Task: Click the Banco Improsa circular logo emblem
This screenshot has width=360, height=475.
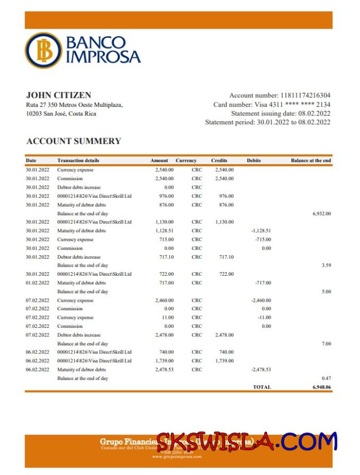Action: pyautogui.click(x=44, y=50)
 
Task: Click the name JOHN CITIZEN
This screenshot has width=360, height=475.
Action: pyautogui.click(x=58, y=95)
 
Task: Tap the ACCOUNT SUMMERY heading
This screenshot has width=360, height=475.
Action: pyautogui.click(x=74, y=141)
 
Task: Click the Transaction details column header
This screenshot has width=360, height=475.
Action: pyautogui.click(x=78, y=160)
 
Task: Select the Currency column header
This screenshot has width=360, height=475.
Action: pyautogui.click(x=186, y=160)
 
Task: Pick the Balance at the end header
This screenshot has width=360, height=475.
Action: pyautogui.click(x=311, y=160)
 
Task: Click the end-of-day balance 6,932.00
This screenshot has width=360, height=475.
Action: pyautogui.click(x=322, y=214)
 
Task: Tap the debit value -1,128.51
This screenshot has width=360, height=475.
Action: pyautogui.click(x=261, y=231)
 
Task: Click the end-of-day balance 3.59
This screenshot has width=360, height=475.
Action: pyautogui.click(x=326, y=265)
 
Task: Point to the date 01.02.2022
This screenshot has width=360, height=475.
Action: pyautogui.click(x=37, y=283)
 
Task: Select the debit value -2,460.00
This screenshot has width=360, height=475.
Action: pyautogui.click(x=261, y=300)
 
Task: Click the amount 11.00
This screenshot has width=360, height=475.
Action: pyautogui.click(x=168, y=317)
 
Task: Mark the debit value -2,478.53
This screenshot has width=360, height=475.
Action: pyautogui.click(x=261, y=369)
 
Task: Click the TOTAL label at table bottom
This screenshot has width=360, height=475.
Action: pyautogui.click(x=262, y=387)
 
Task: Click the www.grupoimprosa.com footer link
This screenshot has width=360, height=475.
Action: pyautogui.click(x=177, y=456)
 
